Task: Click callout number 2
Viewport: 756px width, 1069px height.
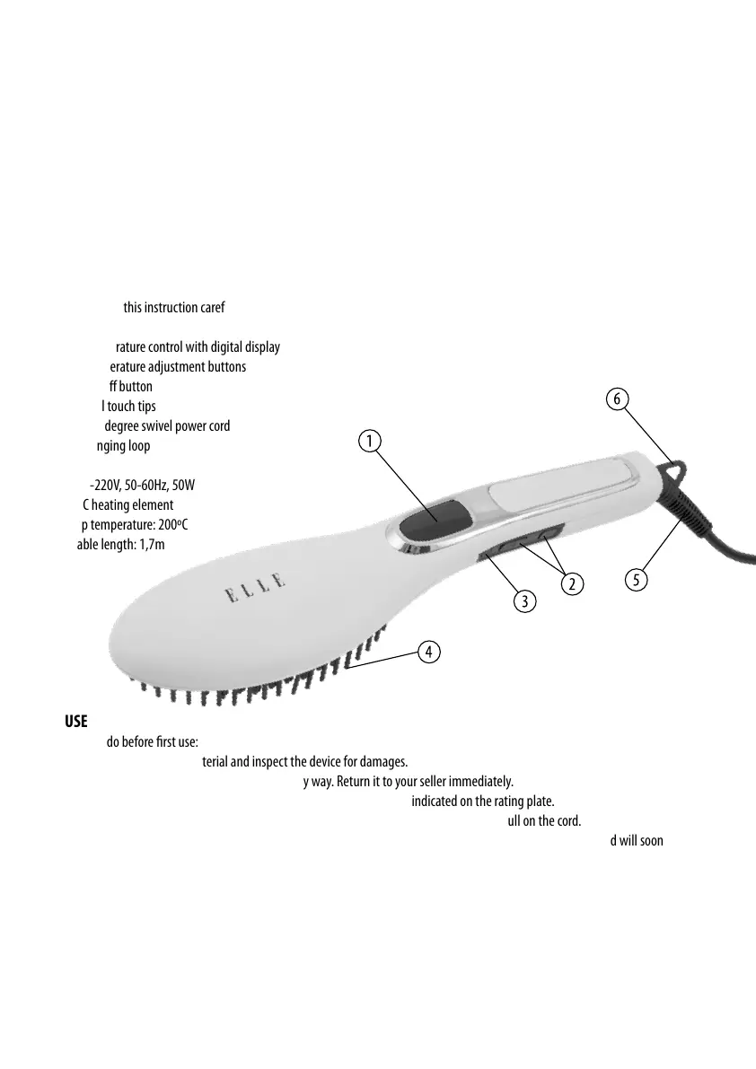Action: coord(569,584)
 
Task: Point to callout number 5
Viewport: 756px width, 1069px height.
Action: coord(635,579)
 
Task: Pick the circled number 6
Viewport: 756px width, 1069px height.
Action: coord(617,398)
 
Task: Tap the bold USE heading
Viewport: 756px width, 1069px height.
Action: coord(75,723)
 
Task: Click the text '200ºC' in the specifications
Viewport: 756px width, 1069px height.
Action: coord(171,525)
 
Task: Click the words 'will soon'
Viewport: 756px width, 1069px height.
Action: coord(644,841)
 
